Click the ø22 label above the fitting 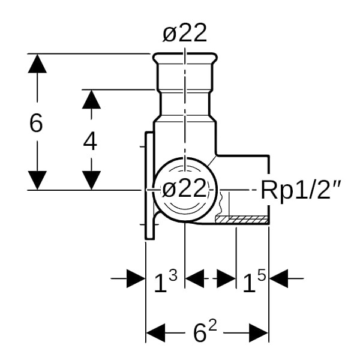185,32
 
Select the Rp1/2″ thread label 301,190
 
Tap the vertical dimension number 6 36,122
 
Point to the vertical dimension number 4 90,142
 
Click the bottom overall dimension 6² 205,330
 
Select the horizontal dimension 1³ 166,281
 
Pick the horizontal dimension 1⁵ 254,281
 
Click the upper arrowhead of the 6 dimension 37,64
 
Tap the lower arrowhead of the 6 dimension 37,180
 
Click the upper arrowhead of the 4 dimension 91,100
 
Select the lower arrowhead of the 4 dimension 91,180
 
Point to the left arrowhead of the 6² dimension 155,332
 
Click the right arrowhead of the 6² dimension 259,332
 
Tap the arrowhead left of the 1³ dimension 136,278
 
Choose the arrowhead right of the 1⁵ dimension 279,278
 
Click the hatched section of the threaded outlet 242,219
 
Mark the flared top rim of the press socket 185,58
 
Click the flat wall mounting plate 149,186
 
